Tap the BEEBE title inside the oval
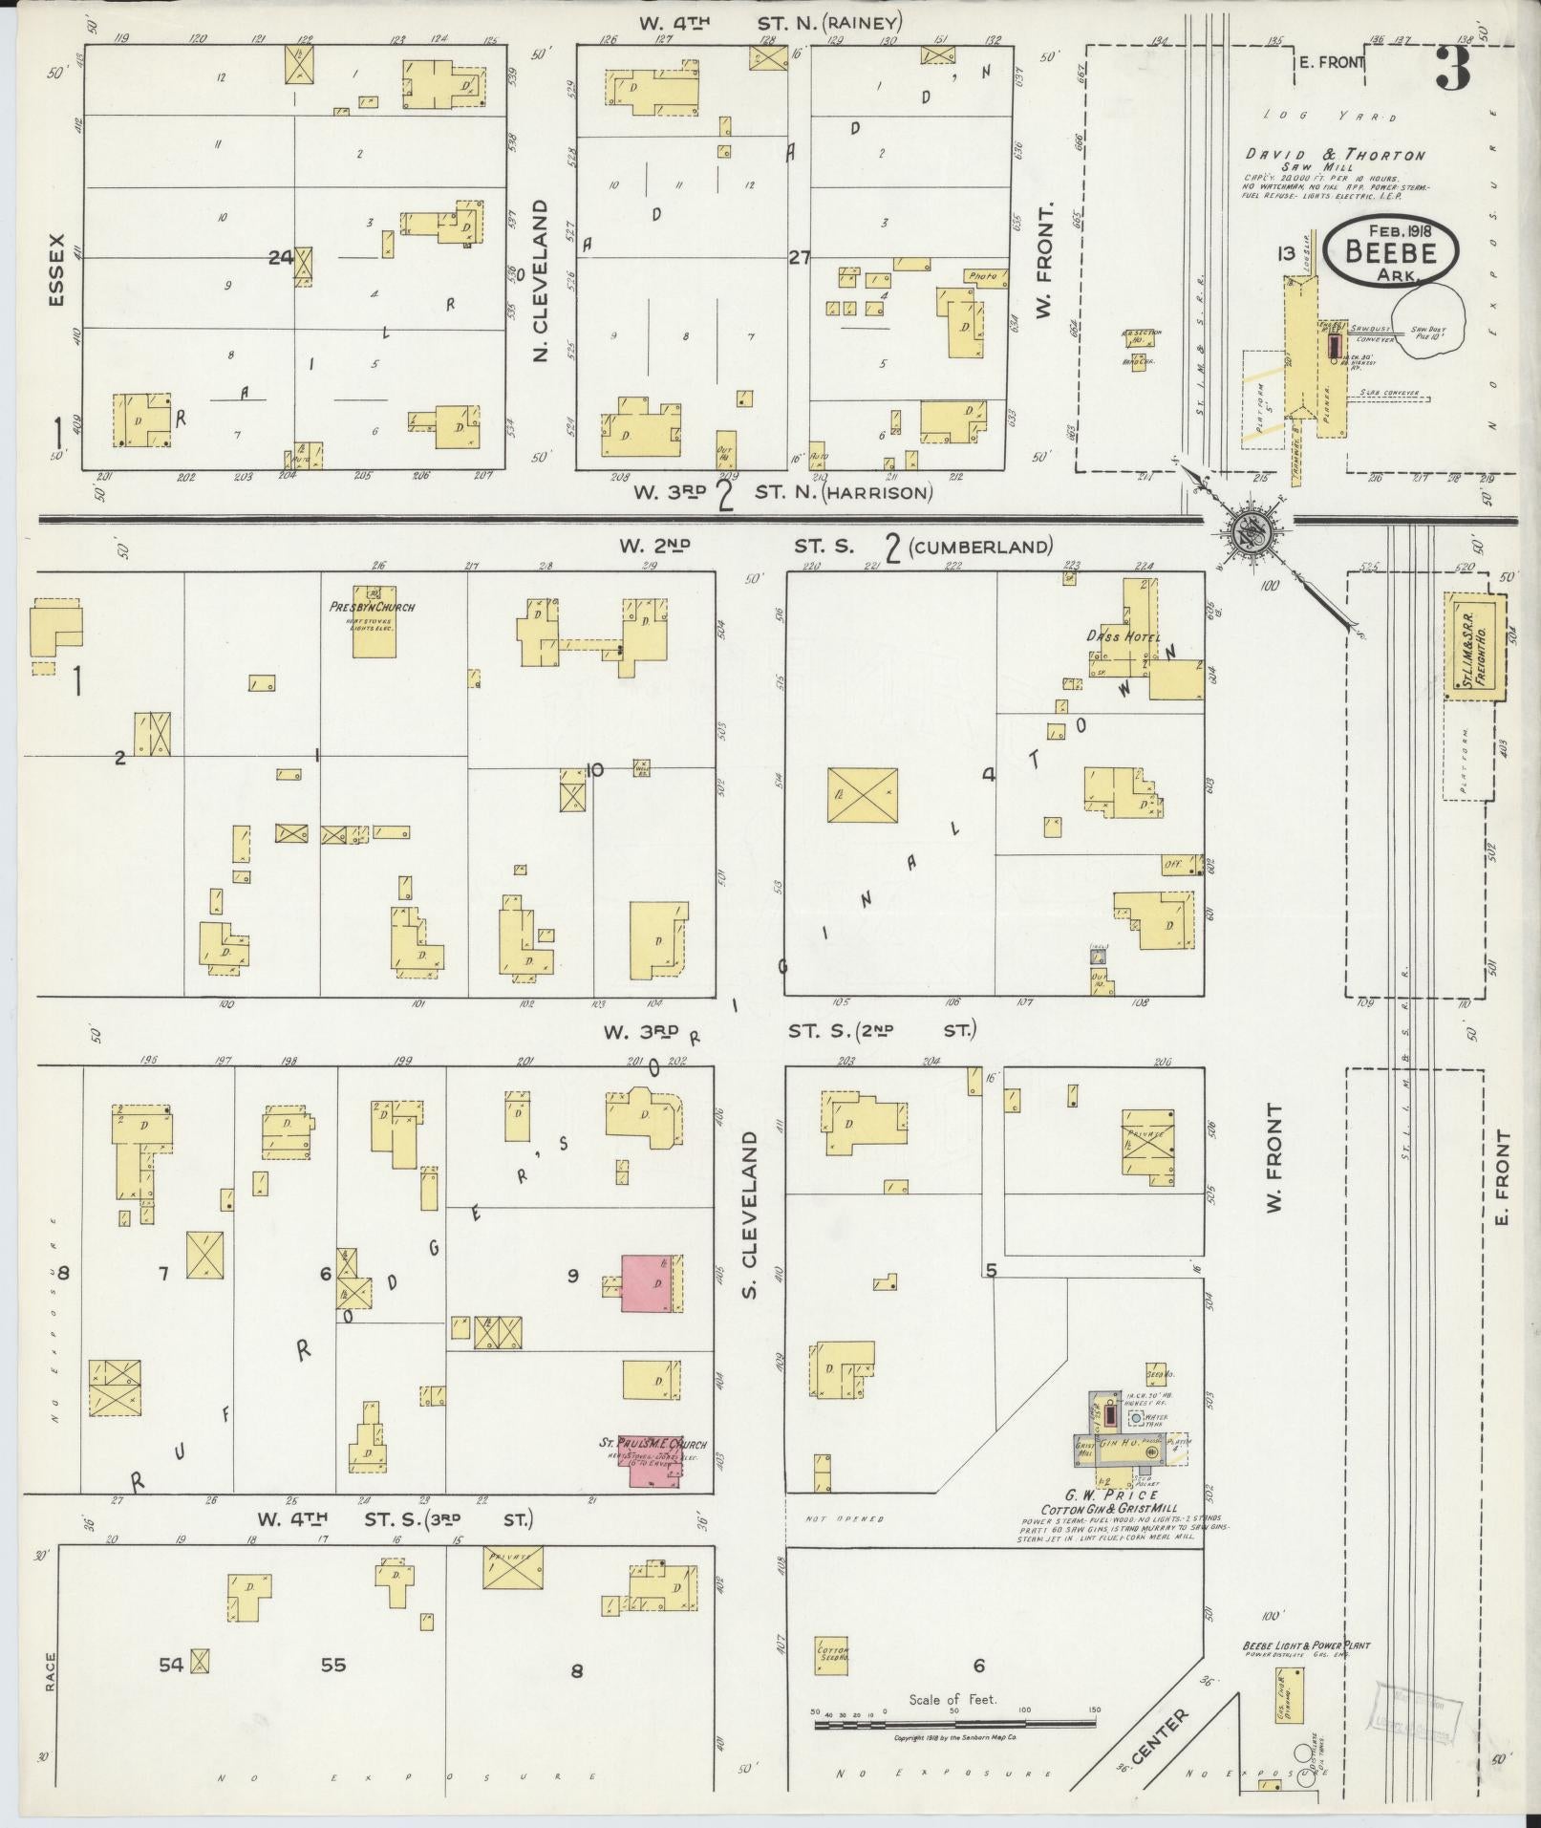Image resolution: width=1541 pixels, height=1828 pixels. coord(1390,251)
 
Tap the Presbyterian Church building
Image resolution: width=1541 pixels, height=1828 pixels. coord(374,627)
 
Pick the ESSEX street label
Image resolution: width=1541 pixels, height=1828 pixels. coord(56,269)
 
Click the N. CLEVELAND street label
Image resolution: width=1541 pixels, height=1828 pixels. coord(541,279)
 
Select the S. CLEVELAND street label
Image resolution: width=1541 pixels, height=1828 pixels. coord(749,1214)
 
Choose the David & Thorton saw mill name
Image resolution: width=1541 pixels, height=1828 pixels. coord(1335,155)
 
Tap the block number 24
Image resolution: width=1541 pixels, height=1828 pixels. coord(280,257)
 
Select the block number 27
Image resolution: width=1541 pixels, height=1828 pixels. coord(799,257)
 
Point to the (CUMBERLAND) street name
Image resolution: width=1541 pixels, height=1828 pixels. coord(980,547)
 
